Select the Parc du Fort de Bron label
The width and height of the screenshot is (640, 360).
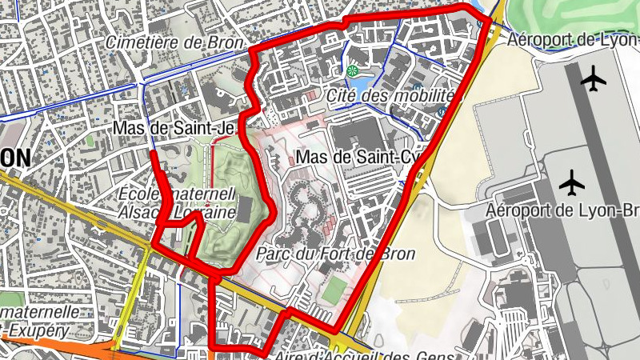click(x=336, y=254)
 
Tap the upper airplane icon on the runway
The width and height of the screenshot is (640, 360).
click(x=594, y=78)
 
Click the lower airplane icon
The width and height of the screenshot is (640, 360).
click(x=573, y=182)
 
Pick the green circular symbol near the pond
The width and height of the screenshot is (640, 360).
click(x=352, y=72)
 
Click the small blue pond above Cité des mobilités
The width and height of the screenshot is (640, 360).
click(x=362, y=83)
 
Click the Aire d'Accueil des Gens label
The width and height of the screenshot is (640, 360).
click(x=365, y=355)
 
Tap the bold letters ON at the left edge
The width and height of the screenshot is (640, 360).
click(x=15, y=158)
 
